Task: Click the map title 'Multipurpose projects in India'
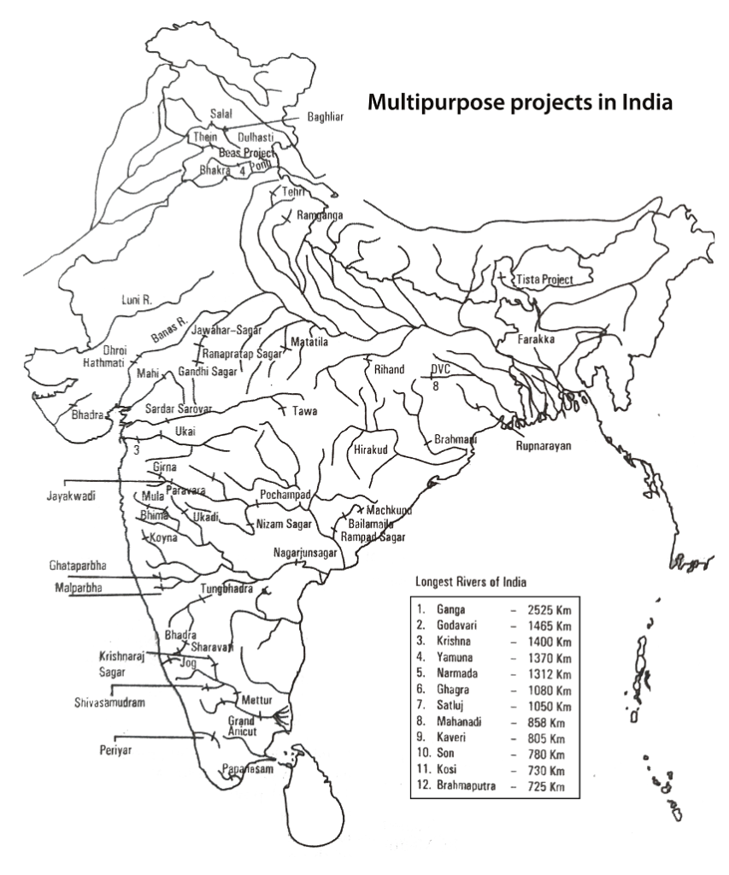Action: [520, 103]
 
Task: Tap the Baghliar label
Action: [325, 117]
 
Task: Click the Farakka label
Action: [537, 339]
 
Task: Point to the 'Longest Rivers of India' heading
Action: [470, 582]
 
